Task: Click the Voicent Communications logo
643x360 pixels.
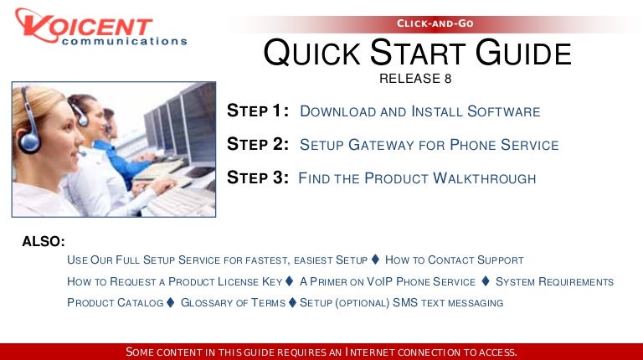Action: tap(99, 30)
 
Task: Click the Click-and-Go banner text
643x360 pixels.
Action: tap(435, 23)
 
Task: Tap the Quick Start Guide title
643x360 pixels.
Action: tap(417, 54)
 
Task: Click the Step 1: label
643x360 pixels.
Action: tap(259, 112)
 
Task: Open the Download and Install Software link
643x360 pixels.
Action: tap(419, 112)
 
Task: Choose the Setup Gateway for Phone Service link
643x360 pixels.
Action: tap(429, 145)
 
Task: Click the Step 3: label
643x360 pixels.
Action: tap(258, 177)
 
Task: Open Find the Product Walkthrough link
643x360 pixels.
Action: tap(417, 178)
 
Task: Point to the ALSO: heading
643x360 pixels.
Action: tap(44, 241)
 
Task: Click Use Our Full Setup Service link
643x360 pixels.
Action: tap(217, 260)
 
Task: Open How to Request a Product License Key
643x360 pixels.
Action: tap(174, 281)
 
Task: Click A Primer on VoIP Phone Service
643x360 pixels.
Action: tap(387, 281)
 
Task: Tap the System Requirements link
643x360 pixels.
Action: tap(554, 281)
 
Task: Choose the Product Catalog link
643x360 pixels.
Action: tap(115, 302)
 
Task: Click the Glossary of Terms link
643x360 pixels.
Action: tap(233, 302)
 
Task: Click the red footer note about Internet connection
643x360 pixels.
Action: tap(321, 352)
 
